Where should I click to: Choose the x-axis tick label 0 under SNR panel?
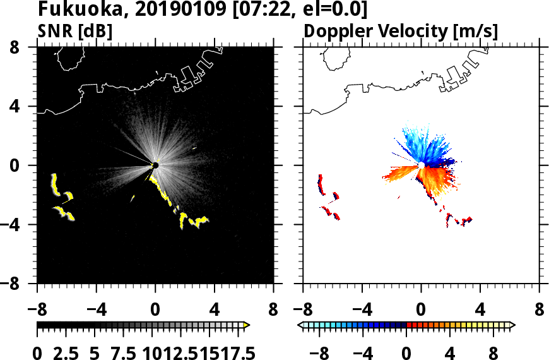pos(155,311)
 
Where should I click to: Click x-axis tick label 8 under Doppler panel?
pos(539,311)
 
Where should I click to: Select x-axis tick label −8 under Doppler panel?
pos(304,311)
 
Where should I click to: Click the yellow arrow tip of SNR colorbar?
pos(247,325)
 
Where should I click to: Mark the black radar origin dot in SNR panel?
pos(155,165)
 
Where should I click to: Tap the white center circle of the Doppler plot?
pos(421,165)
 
